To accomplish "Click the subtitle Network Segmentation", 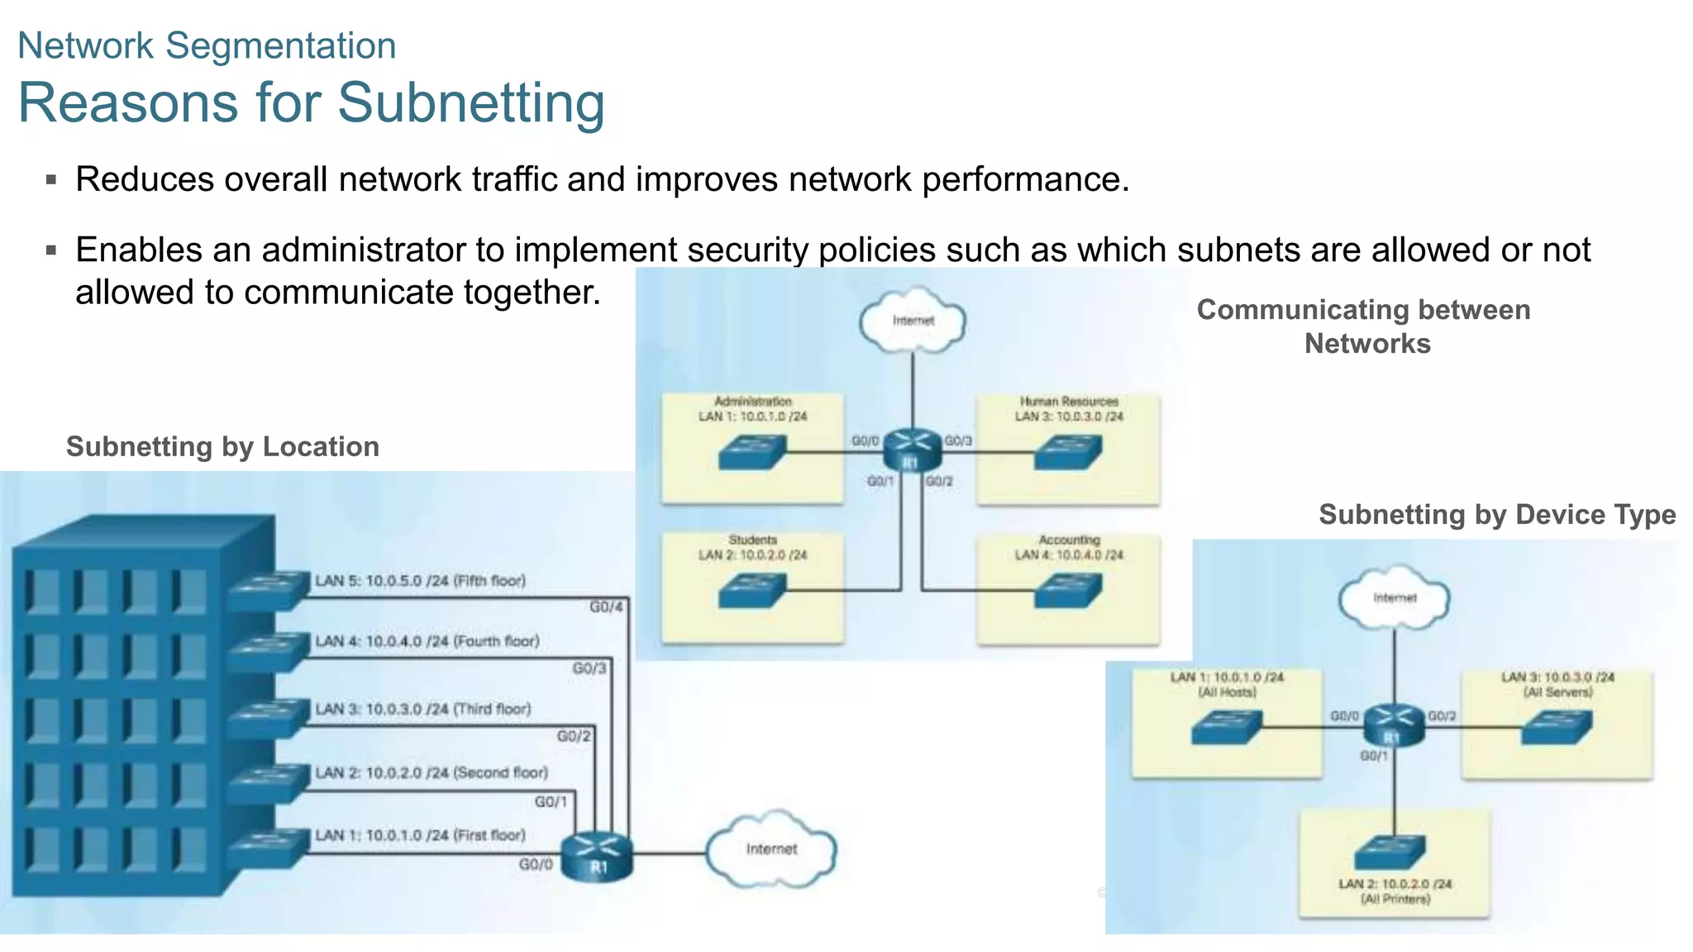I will tap(207, 45).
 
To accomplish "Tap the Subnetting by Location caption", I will tap(222, 446).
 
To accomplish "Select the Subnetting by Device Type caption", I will tap(1496, 514).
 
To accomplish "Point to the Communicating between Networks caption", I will tap(1364, 326).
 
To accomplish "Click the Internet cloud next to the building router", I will tap(770, 850).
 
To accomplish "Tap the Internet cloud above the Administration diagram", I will tap(913, 321).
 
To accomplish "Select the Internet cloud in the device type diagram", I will tap(1395, 597).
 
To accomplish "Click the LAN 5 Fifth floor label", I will tap(420, 581).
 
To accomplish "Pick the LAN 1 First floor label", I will tap(420, 835).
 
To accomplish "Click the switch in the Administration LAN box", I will tap(751, 452).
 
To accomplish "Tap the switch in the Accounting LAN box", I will tap(1068, 590).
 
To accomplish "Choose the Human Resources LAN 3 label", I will tap(1069, 409).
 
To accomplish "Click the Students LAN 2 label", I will tap(752, 547).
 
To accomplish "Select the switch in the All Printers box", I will tap(1390, 852).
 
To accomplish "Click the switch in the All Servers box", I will tap(1557, 727).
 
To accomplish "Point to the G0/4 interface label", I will tap(606, 607).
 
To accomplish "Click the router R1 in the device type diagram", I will tap(1394, 726).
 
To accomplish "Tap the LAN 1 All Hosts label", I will tap(1227, 684).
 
